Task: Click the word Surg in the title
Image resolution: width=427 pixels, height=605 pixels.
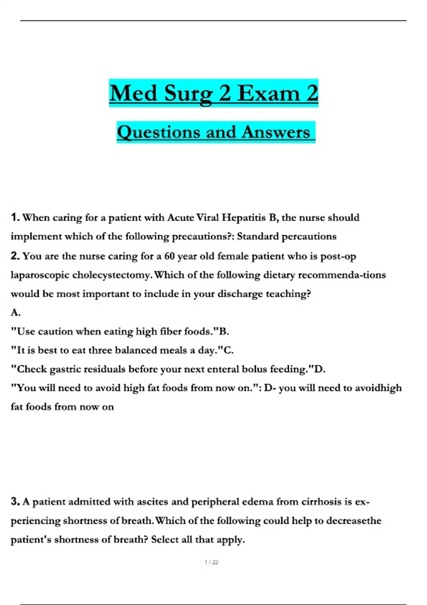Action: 188,93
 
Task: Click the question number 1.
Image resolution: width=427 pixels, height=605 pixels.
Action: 15,217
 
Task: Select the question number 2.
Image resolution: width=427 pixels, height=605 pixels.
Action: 15,256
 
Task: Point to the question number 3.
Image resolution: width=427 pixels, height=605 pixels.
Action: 15,501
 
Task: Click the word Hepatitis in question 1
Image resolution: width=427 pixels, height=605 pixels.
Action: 244,217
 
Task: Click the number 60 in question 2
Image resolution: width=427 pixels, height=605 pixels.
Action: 169,256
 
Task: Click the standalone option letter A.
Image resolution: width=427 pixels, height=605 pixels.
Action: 15,312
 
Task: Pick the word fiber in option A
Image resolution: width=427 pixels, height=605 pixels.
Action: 170,331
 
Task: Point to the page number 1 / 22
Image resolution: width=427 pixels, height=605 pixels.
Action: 211,562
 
